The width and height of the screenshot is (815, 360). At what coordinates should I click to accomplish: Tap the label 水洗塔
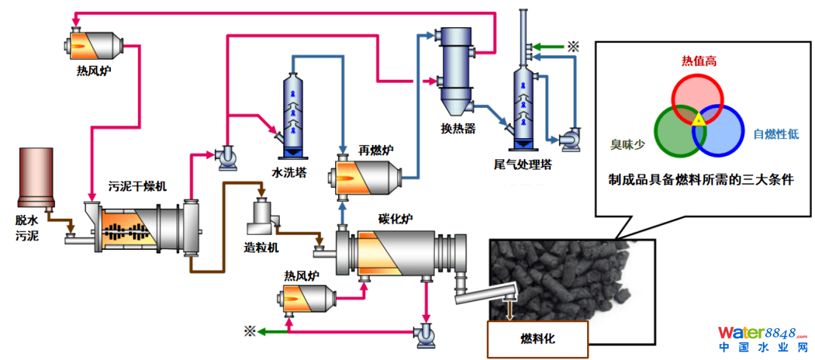[289, 173]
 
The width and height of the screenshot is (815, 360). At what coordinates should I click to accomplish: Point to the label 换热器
[459, 128]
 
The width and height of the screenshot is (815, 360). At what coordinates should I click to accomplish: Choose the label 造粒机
[262, 247]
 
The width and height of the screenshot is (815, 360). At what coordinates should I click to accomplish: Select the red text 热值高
[698, 61]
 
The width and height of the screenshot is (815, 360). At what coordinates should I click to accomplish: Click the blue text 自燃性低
[776, 134]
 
